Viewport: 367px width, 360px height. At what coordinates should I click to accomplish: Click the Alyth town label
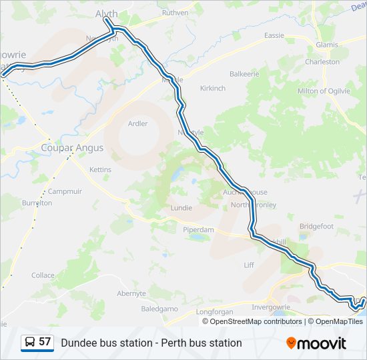pos(107,13)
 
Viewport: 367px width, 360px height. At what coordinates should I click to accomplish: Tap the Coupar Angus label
pos(72,147)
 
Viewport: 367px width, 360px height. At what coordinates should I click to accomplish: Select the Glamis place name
pos(327,45)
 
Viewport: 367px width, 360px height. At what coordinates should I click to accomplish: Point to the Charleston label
pos(322,62)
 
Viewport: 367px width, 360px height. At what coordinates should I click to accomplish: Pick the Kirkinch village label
pos(213,88)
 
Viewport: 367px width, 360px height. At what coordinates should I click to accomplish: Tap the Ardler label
pos(137,123)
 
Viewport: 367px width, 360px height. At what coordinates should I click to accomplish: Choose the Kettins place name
pos(100,170)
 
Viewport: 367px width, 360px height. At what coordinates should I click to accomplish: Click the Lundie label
pos(181,208)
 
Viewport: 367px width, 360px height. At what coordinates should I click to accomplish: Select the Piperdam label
pos(199,230)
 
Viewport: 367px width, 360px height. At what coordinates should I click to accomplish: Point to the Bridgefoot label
pos(316,226)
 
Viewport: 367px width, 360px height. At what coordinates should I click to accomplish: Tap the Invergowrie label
pos(273,307)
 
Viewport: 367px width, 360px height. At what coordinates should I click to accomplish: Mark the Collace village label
pos(43,275)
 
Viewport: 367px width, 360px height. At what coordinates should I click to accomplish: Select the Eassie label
pos(274,35)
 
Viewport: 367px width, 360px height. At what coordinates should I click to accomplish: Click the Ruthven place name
pos(175,13)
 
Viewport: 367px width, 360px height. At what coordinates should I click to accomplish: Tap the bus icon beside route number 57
pos(29,343)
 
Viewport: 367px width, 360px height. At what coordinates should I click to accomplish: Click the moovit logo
pos(316,343)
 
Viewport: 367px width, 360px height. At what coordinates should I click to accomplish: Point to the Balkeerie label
pos(244,74)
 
